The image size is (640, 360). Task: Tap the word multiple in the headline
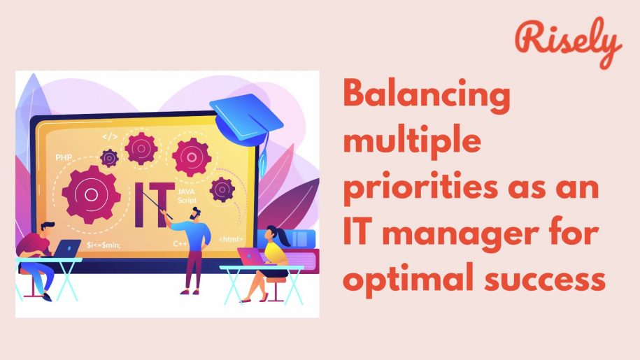[412, 141]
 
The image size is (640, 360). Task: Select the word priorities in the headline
[421, 187]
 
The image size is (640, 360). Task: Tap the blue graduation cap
[246, 118]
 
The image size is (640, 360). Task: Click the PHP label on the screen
[64, 157]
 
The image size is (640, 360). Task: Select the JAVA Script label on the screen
[187, 196]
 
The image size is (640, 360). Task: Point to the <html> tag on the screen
[231, 239]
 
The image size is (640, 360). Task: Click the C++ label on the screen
[180, 244]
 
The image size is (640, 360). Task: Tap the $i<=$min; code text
[104, 245]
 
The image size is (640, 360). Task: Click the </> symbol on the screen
[110, 136]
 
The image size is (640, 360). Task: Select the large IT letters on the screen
[153, 205]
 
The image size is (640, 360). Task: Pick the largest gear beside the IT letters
[92, 194]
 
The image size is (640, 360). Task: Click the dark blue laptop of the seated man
[67, 248]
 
